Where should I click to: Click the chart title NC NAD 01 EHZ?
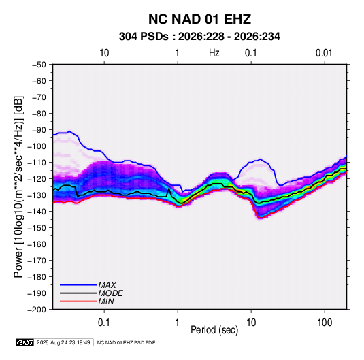click(199, 19)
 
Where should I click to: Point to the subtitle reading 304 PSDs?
click(144, 37)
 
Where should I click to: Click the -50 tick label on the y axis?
click(39, 65)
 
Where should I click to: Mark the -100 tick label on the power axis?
click(37, 146)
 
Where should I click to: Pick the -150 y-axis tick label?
click(37, 228)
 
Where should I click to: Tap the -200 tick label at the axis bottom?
click(37, 310)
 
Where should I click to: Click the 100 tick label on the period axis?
click(325, 323)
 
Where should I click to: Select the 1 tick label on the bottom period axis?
click(178, 323)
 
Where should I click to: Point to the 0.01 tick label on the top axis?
click(324, 53)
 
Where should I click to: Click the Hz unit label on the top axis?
click(214, 53)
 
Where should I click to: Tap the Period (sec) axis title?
click(214, 330)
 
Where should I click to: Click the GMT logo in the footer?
click(25, 342)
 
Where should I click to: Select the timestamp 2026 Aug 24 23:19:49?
click(63, 342)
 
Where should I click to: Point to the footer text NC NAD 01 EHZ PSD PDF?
click(126, 342)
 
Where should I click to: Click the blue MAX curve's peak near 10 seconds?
click(260, 159)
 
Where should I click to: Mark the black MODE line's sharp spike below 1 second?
click(169, 189)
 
